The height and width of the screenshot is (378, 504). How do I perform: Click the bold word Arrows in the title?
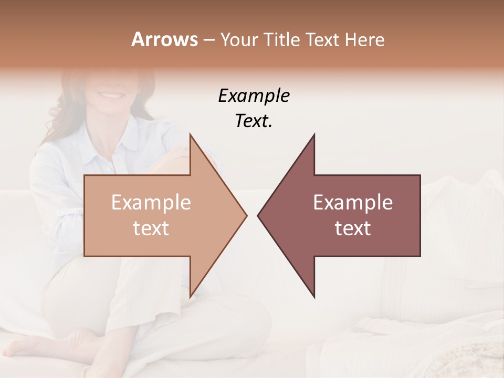coord(164,39)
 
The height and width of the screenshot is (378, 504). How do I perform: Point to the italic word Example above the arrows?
coord(254,96)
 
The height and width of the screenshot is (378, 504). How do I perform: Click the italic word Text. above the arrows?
coord(254,121)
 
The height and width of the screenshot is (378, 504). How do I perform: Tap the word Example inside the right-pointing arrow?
coord(151,203)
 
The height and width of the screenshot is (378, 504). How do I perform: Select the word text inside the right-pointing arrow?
coord(151,228)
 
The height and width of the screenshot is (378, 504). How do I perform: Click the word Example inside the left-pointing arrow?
coord(353,203)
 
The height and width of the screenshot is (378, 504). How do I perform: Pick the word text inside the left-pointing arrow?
coord(353,228)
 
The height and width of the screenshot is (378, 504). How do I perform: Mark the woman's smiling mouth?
coord(110,96)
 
